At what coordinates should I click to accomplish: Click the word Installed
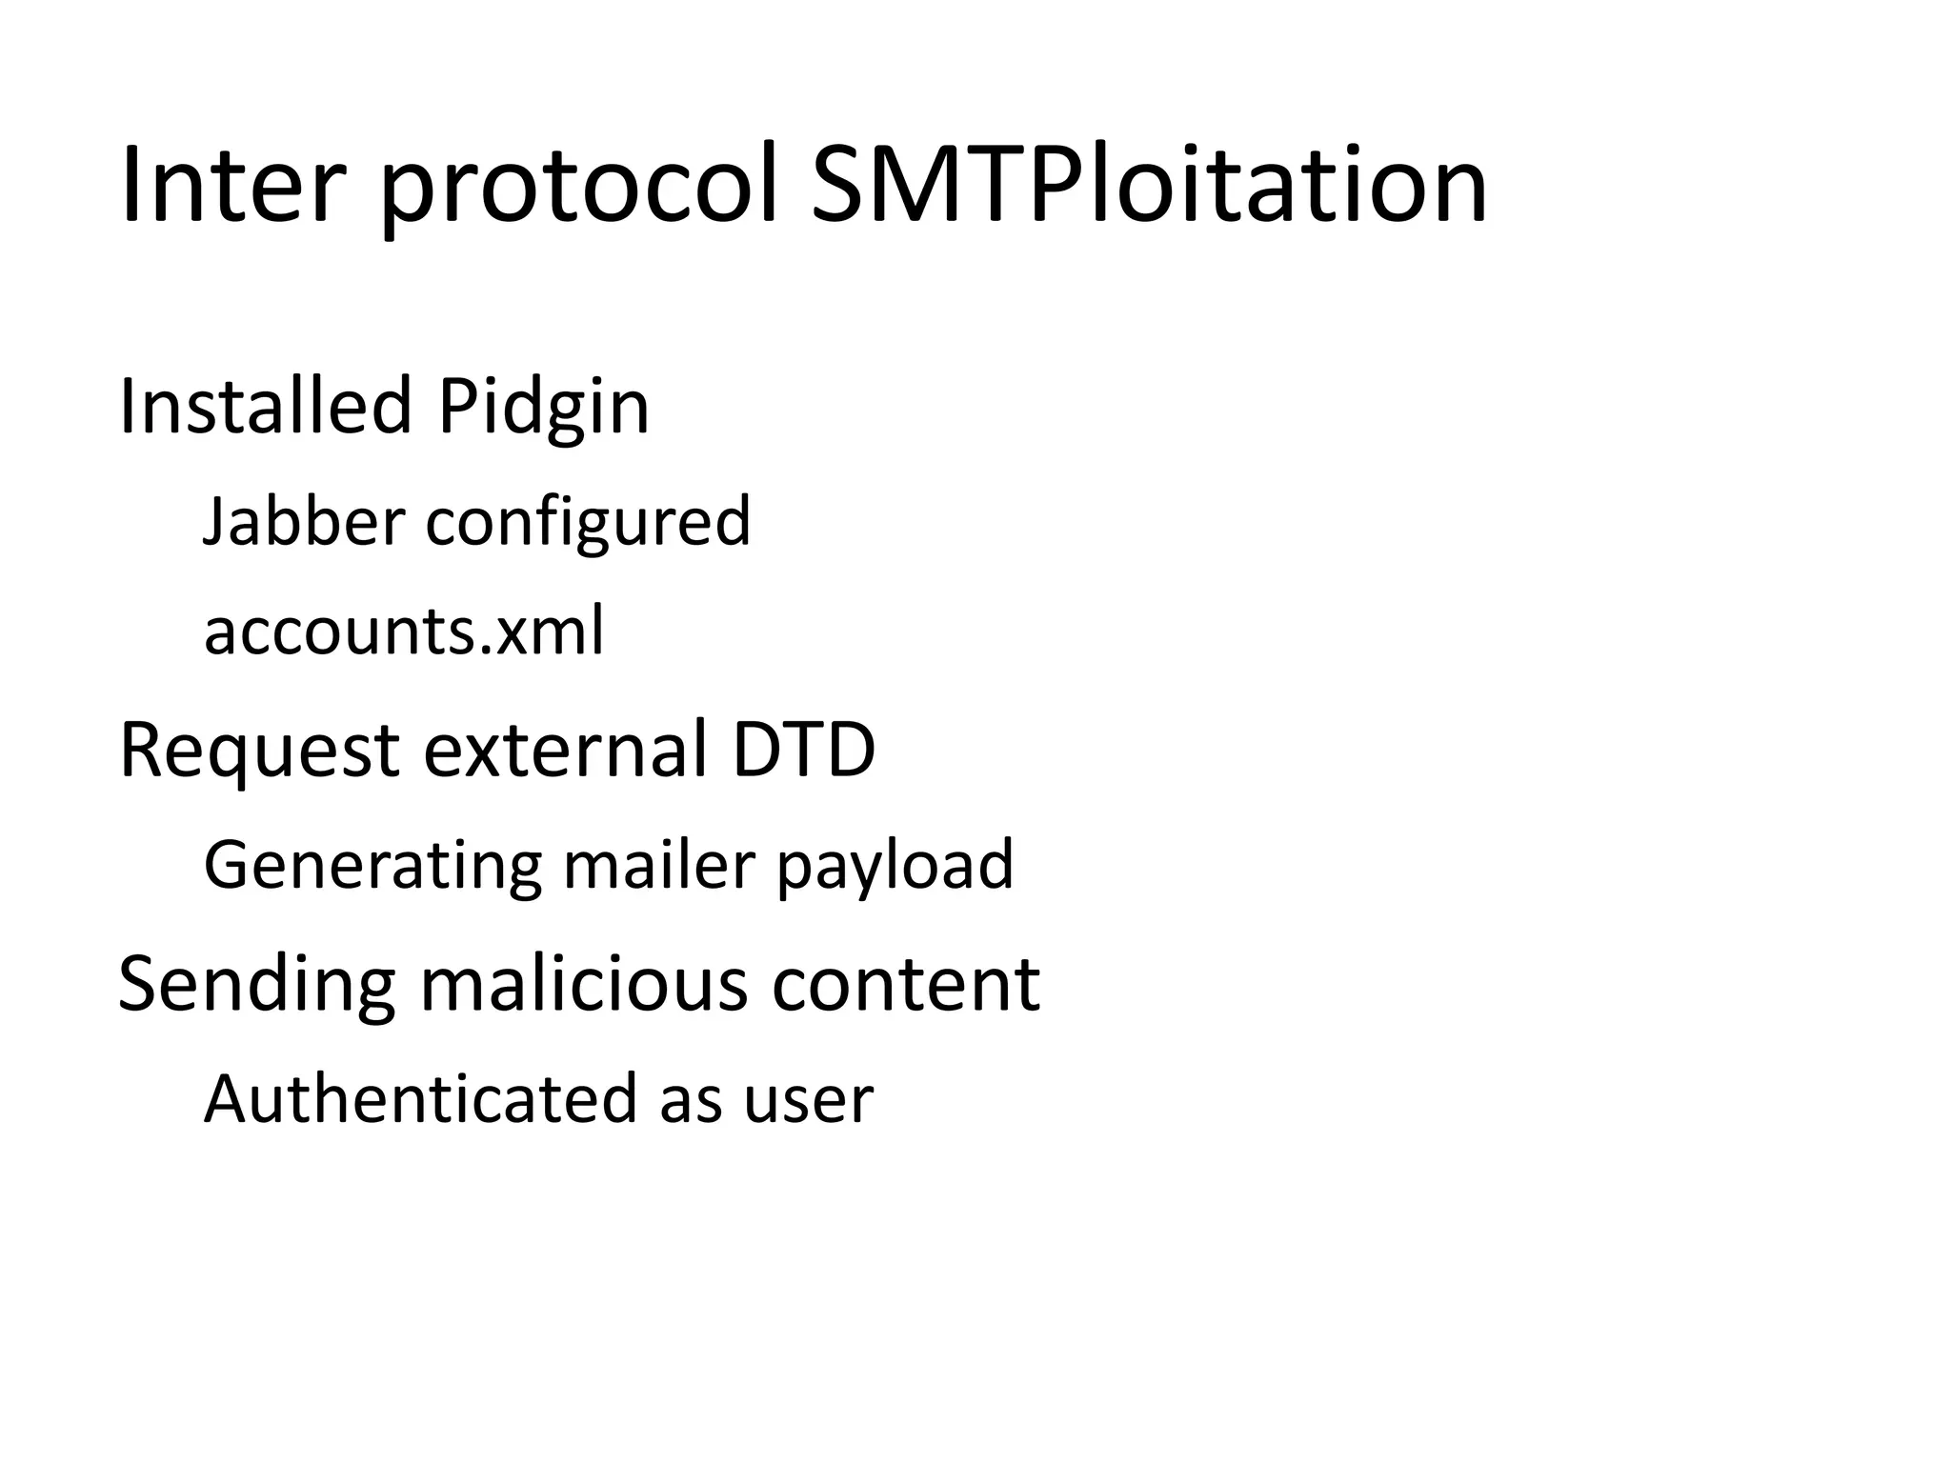tap(264, 407)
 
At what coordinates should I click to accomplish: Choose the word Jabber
tap(304, 521)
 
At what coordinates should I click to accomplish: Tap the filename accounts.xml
tap(404, 631)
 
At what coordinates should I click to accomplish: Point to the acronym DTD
tap(803, 750)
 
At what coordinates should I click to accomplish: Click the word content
tap(905, 985)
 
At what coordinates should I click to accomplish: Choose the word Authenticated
tap(420, 1099)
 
